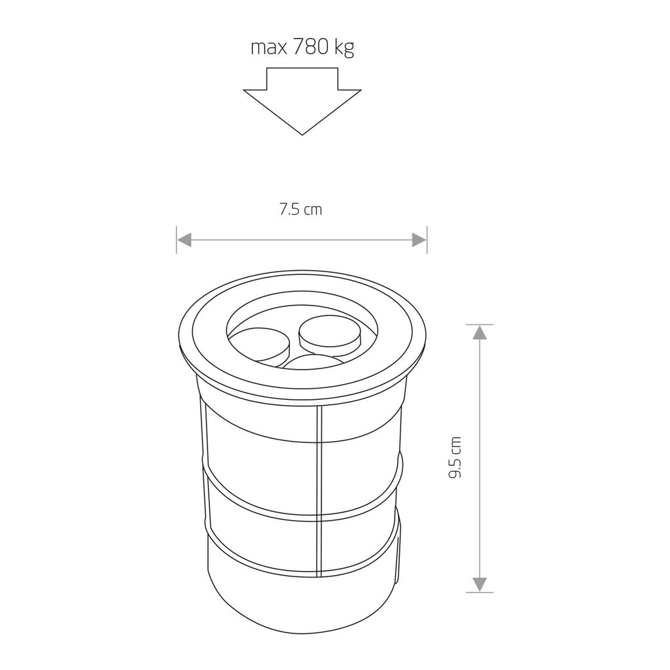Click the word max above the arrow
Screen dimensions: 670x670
click(x=269, y=48)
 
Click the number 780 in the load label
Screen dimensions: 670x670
click(x=311, y=47)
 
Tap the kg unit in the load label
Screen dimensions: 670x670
click(x=344, y=48)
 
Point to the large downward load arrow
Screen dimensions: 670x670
click(x=302, y=101)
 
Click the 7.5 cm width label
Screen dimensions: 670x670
click(x=300, y=209)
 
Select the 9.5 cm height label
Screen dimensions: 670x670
click(x=455, y=457)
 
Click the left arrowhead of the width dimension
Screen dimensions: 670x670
click(x=184, y=240)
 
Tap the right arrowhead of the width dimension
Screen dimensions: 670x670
click(x=419, y=240)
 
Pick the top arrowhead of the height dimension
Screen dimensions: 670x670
click(x=480, y=332)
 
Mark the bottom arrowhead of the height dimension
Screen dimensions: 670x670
click(x=480, y=584)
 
